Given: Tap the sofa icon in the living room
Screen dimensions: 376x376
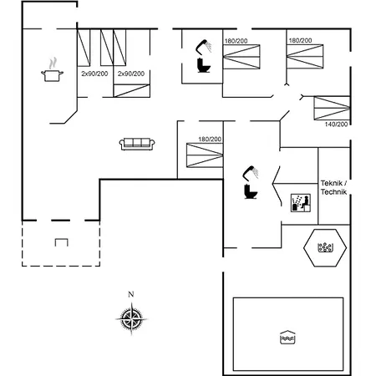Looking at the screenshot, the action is pos(137,144).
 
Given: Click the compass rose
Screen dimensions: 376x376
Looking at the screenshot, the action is pos(131,318).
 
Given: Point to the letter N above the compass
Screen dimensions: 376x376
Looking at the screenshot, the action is pos(131,294).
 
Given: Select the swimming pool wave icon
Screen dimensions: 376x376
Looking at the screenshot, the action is pos(287,338).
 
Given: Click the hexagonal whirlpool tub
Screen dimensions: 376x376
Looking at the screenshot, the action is pos(325,247).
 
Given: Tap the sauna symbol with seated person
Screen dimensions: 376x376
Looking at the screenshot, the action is pos(301,203).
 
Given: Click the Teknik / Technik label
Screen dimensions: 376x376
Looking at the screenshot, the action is pos(333,187).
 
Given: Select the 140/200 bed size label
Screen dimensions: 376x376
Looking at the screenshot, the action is pos(336,124).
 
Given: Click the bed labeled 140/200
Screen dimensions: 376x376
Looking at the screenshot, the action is pos(332,108).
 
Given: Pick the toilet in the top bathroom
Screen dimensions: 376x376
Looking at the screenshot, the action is pos(204,65).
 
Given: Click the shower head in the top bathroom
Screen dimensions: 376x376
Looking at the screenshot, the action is pos(204,47).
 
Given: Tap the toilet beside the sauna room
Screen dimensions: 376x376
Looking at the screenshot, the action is pos(251,191).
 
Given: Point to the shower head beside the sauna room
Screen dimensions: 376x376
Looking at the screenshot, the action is pos(251,173).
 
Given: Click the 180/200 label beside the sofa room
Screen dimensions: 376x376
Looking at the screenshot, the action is pos(210,139).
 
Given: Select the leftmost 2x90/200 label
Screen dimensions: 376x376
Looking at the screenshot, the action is pos(94,74).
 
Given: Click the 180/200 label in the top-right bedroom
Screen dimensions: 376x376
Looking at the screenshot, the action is pos(300,40).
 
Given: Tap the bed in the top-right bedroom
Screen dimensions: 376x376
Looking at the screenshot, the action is pos(305,56).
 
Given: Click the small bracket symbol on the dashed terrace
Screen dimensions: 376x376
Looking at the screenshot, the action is pos(62,242).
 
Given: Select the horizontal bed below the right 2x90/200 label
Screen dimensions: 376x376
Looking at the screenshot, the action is pos(132,90).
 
